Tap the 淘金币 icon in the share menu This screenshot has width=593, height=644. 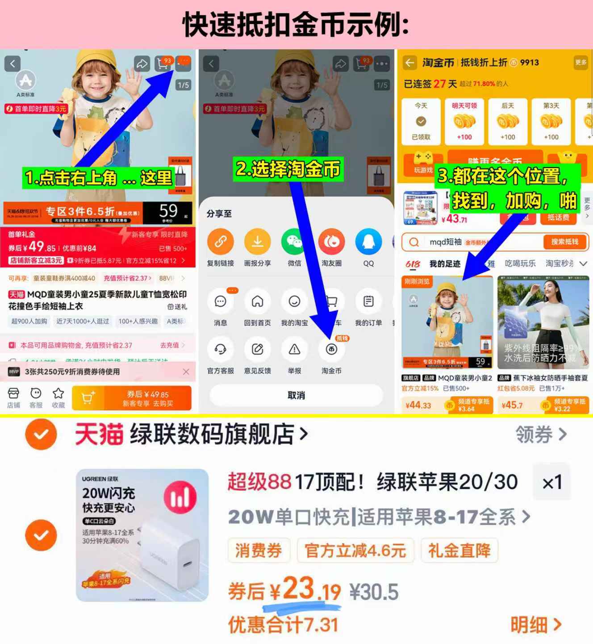coord(331,349)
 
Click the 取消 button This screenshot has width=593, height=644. coord(296,395)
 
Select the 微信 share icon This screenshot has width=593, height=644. coord(294,242)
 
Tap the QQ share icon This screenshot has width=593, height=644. coord(368,242)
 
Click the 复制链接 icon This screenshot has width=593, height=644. coord(221,242)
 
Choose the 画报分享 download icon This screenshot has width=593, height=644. coord(257,242)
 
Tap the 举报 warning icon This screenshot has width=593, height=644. coord(294,349)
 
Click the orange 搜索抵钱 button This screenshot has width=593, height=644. coord(564,242)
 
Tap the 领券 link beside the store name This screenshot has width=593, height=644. coord(541,434)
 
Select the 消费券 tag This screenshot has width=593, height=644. coord(259,551)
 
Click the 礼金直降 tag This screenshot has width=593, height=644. coord(459,551)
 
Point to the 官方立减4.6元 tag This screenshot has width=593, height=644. coord(355,551)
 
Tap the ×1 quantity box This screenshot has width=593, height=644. coord(552,482)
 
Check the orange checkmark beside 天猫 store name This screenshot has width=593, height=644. coord(41,434)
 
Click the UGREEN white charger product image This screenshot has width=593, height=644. coord(142,535)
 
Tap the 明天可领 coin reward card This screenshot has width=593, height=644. coord(464,122)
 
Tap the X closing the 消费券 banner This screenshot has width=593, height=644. coord(186,372)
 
